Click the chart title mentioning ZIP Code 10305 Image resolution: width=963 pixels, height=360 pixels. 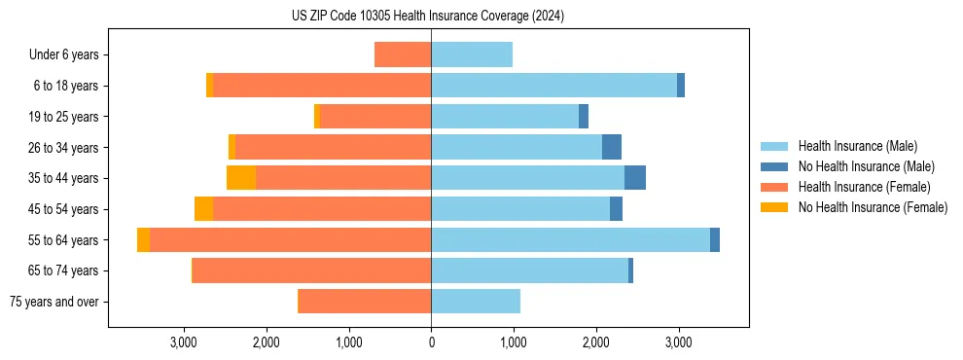(428, 17)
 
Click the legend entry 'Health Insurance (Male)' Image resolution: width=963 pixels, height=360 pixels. (857, 146)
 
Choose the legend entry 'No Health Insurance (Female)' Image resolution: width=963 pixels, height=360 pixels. (873, 207)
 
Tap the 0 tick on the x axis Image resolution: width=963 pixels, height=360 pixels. (431, 342)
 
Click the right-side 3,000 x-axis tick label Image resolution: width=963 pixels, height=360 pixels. (678, 342)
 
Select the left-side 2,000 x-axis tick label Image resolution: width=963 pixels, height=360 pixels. (267, 342)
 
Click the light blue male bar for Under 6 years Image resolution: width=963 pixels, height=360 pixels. (472, 54)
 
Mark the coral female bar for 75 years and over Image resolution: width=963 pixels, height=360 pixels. (365, 302)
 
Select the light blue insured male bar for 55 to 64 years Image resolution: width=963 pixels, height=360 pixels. (570, 240)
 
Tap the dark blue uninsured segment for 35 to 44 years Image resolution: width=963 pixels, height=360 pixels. (635, 178)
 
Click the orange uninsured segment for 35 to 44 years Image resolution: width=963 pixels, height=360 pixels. (241, 178)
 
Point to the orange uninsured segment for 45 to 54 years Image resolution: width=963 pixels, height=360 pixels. (203, 209)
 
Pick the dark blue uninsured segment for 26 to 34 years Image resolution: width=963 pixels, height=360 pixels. (612, 147)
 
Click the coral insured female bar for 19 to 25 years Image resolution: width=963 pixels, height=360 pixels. (375, 117)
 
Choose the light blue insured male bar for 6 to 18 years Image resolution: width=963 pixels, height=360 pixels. (553, 86)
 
